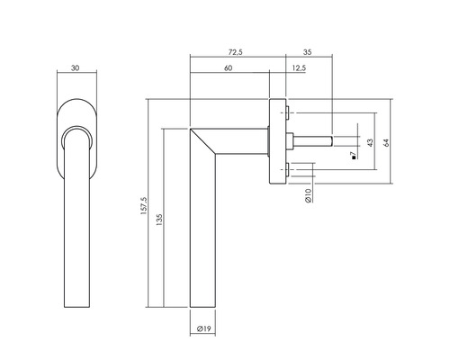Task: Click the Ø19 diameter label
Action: (203, 328)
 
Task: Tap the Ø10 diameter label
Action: (307, 192)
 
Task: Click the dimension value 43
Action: (369, 141)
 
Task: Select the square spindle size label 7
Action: (354, 156)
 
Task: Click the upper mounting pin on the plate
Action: (286, 115)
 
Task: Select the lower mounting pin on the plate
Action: (286, 167)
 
